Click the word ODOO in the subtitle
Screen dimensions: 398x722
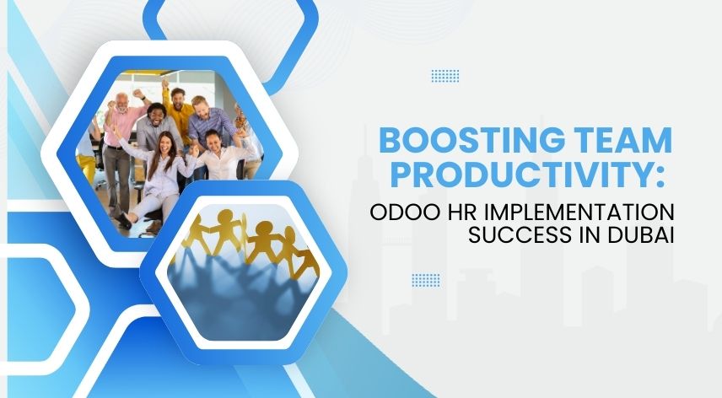pos(400,211)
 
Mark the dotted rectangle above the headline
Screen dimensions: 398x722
pos(445,76)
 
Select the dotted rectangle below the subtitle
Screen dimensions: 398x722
pos(425,280)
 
